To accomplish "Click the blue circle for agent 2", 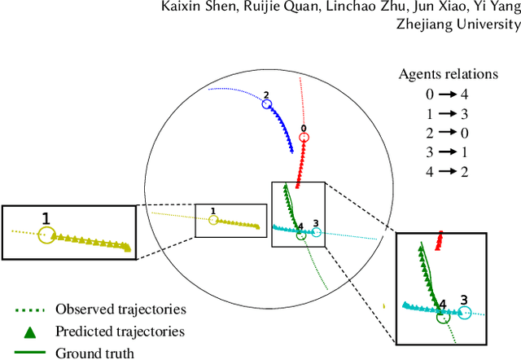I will pyautogui.click(x=266, y=104).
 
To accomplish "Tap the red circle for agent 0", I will pyautogui.click(x=303, y=137).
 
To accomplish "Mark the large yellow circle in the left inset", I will pyautogui.click(x=46, y=235).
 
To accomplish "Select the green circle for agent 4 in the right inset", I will pyautogui.click(x=443, y=315).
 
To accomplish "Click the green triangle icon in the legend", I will pyautogui.click(x=28, y=331).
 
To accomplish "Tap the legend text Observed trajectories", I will pyautogui.click(x=120, y=310).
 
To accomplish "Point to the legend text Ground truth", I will pyautogui.click(x=94, y=353).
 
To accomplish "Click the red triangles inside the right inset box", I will pyautogui.click(x=439, y=241).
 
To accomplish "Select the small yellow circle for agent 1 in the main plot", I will pyautogui.click(x=213, y=220).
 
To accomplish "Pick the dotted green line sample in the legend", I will pyautogui.click(x=28, y=310).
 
